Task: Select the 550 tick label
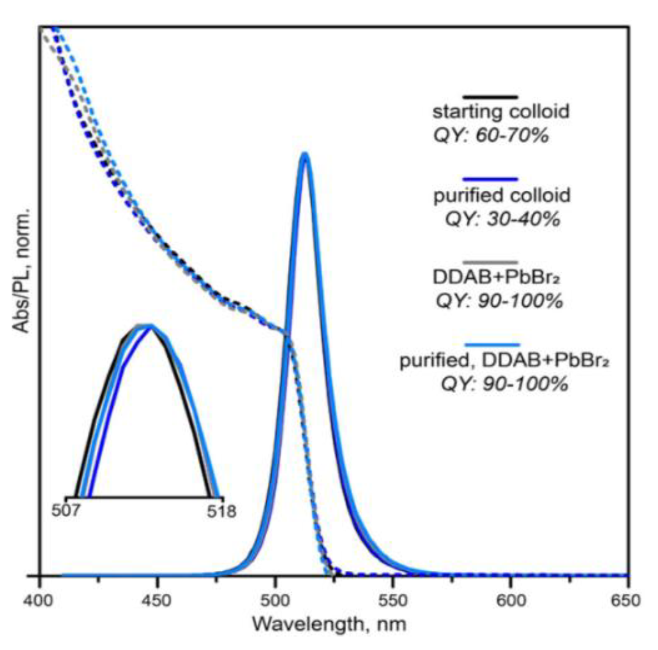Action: pyautogui.click(x=393, y=600)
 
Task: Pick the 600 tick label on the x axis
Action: pyautogui.click(x=511, y=600)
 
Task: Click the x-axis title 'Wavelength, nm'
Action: pyautogui.click(x=329, y=624)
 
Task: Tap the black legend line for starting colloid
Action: pyautogui.click(x=491, y=97)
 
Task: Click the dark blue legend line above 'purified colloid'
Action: pyautogui.click(x=491, y=180)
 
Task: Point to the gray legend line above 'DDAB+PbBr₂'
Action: pyautogui.click(x=491, y=262)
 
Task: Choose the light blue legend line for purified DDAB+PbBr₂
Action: pyautogui.click(x=492, y=345)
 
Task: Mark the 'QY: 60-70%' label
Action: pyautogui.click(x=491, y=135)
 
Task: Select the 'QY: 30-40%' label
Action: pyautogui.click(x=502, y=219)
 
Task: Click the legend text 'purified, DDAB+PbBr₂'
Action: pyautogui.click(x=504, y=361)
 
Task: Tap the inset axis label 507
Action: pyautogui.click(x=65, y=510)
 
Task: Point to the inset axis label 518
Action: pyautogui.click(x=221, y=511)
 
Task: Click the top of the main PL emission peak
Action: pyautogui.click(x=305, y=155)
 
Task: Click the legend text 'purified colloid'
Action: pyautogui.click(x=502, y=196)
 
